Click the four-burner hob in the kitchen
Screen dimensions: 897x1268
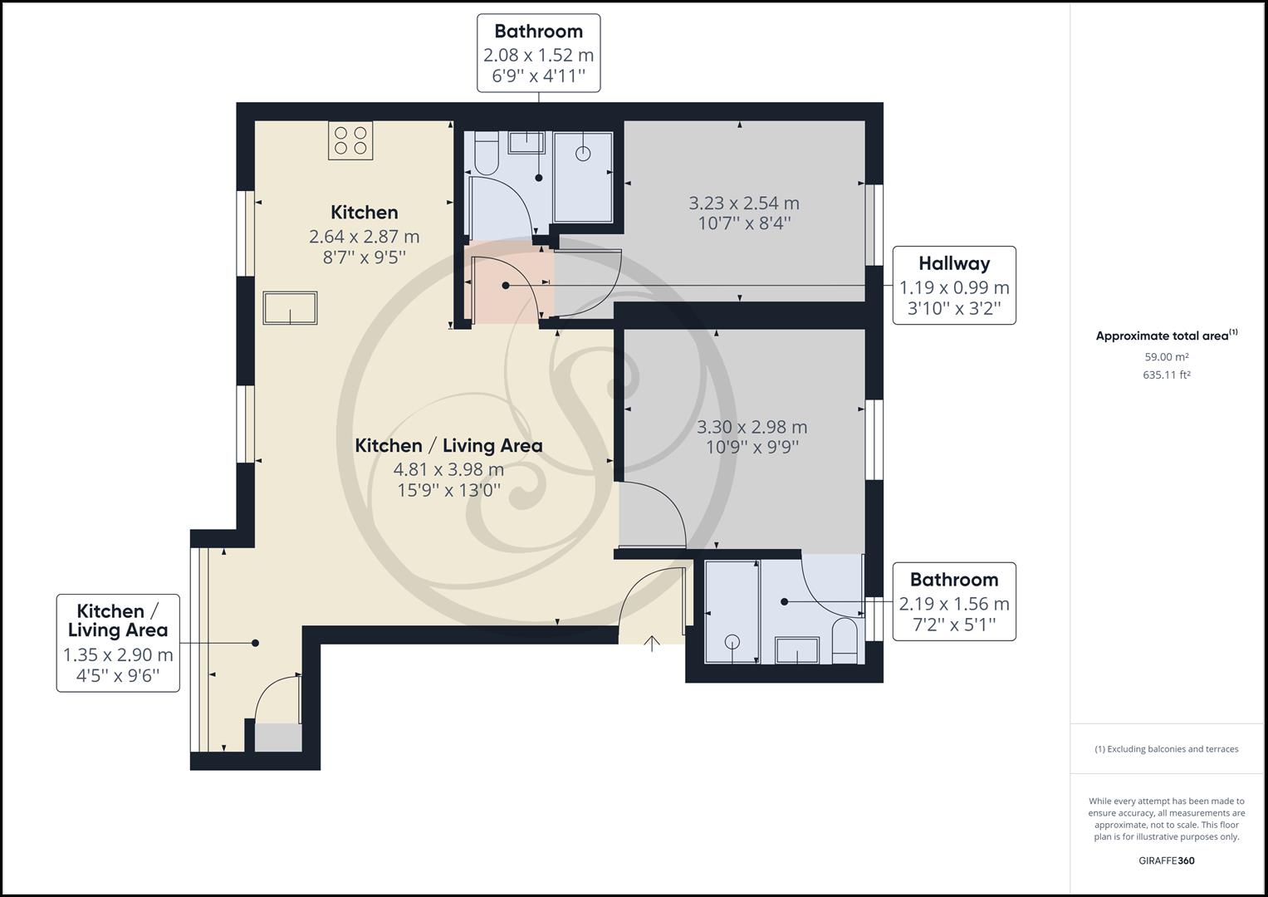(x=350, y=140)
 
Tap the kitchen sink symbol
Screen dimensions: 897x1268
(x=290, y=308)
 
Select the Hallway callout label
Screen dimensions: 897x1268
(x=953, y=285)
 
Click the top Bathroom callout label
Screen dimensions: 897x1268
(x=538, y=53)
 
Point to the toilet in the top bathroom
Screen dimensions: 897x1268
(x=483, y=154)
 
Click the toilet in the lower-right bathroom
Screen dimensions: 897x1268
(x=844, y=640)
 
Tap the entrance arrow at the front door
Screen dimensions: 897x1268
(x=652, y=643)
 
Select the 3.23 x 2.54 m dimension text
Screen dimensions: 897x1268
(x=744, y=203)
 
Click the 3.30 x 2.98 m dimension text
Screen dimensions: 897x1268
(x=751, y=427)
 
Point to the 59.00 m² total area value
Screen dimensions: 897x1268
(x=1166, y=357)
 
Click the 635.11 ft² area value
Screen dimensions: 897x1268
(x=1166, y=375)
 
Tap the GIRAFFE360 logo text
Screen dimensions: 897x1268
(x=1166, y=860)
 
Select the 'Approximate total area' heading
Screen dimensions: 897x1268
(x=1165, y=336)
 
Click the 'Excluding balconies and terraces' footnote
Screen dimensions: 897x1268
(x=1166, y=749)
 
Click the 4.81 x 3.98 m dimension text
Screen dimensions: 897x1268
(x=448, y=469)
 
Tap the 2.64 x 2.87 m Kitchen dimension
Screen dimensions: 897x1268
(x=364, y=237)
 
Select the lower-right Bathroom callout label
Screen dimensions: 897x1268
(x=953, y=601)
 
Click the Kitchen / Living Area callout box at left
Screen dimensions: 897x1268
(x=118, y=642)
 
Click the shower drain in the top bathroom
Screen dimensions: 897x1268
(x=583, y=153)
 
